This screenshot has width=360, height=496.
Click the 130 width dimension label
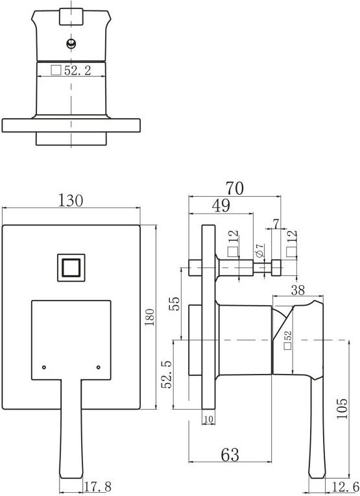(71, 200)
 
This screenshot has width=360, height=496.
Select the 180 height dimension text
(149, 317)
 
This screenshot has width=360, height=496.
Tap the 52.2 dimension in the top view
(77, 70)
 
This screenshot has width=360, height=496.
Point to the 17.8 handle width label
(98, 486)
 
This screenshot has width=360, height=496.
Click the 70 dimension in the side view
(235, 188)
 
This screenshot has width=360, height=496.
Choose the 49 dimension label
(221, 206)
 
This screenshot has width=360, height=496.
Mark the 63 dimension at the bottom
(230, 455)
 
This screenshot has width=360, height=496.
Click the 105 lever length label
(342, 408)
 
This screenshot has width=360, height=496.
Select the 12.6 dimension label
(345, 486)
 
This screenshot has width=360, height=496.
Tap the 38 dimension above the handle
(298, 290)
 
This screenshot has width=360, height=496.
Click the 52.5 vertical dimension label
(167, 374)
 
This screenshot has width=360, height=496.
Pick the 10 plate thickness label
(209, 419)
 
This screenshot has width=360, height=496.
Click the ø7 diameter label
(259, 251)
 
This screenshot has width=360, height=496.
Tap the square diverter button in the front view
(71, 267)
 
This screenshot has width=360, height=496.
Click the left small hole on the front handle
(44, 367)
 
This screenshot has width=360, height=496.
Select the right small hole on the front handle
(99, 367)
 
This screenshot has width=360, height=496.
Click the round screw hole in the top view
(71, 43)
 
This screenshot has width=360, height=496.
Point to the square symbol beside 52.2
(56, 70)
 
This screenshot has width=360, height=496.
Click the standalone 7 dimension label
(276, 224)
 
